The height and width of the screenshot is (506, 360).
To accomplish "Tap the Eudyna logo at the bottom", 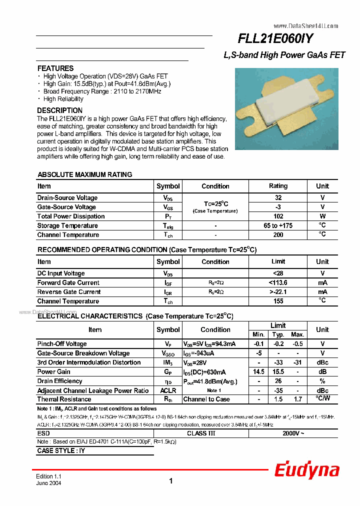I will [x=306, y=470].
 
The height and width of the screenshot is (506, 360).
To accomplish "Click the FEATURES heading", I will [x=55, y=68].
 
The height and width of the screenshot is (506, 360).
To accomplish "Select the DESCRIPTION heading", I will [x=60, y=110].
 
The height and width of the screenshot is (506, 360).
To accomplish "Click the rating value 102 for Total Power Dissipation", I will [x=278, y=216].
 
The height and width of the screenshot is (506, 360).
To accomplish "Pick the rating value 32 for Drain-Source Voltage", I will [x=278, y=198].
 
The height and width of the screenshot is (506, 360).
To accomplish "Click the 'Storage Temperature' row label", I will [x=67, y=226].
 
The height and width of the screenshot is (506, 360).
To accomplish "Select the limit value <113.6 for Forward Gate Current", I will [x=278, y=283].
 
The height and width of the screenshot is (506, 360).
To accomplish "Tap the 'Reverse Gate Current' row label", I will [x=69, y=292].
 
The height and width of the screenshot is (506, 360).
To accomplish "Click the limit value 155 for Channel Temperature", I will [x=278, y=301].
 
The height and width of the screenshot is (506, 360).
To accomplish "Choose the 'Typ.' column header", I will [x=278, y=334].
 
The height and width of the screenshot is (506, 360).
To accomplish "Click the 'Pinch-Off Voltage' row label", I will [x=62, y=344].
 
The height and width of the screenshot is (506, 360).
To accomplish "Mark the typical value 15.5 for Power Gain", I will [x=278, y=372].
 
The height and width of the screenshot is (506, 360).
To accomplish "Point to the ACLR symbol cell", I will [x=168, y=390].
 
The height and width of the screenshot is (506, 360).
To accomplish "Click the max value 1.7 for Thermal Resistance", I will [x=298, y=399].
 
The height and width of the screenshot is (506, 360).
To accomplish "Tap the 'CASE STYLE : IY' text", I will [x=61, y=451].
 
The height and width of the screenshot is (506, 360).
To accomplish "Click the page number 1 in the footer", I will [x=171, y=481].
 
